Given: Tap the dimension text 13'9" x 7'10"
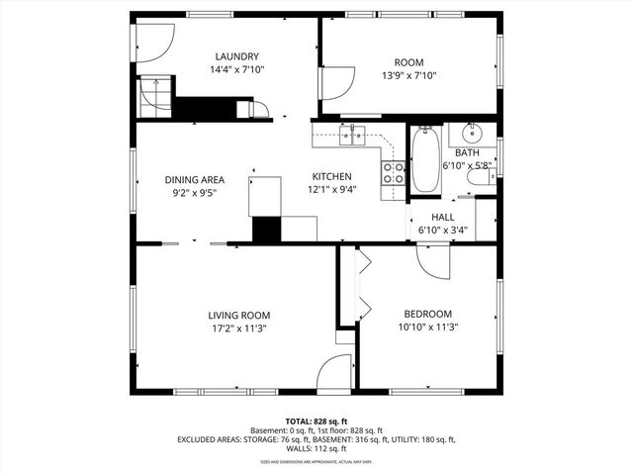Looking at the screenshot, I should click(408, 74).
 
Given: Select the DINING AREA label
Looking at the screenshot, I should click(194, 180).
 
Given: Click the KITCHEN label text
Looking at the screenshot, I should click(331, 176).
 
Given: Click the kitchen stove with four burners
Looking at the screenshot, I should click(394, 174).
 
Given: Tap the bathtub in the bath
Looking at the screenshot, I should click(426, 159).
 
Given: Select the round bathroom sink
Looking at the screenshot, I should click(471, 134).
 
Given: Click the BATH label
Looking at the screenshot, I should click(467, 153).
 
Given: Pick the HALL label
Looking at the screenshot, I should click(442, 217).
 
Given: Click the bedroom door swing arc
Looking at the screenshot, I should click(434, 259).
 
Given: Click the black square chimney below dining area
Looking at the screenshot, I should click(267, 229).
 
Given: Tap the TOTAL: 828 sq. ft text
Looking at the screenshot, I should click(316, 422).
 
